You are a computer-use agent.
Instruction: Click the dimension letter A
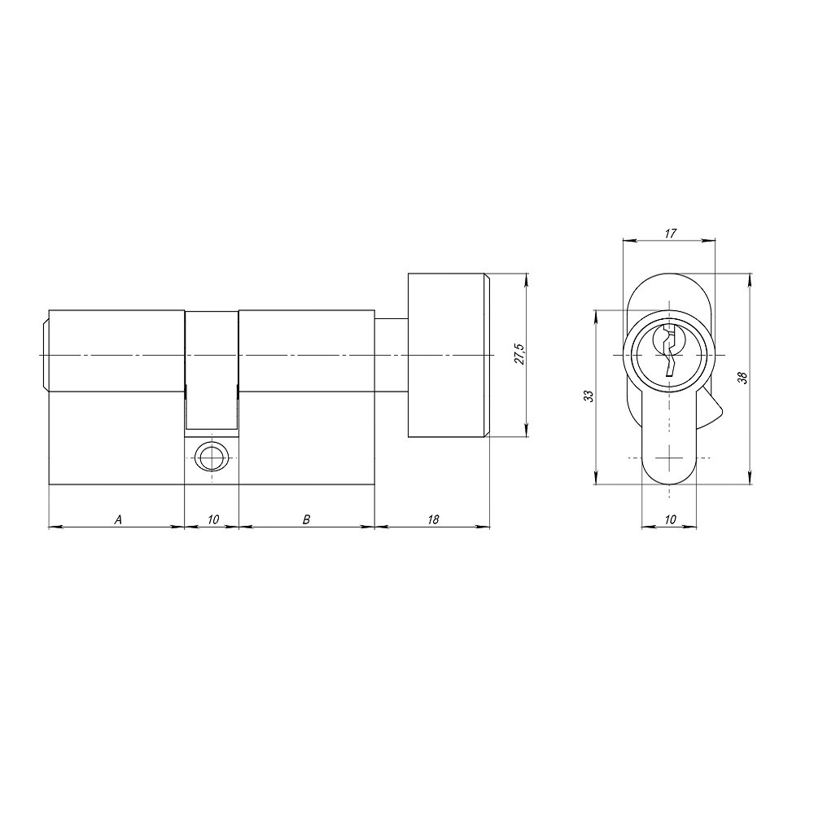coord(118,519)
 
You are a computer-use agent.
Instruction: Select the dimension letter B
coord(306,519)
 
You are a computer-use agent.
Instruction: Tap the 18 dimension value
coord(432,519)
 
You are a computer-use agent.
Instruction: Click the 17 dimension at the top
coord(669,234)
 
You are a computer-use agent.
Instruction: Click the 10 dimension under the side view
coord(212,519)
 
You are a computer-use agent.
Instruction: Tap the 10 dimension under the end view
coord(669,519)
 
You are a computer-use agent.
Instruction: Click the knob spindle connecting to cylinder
coord(390,356)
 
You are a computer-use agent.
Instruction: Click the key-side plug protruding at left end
coord(43,356)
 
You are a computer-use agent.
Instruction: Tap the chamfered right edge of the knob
coord(488,356)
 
